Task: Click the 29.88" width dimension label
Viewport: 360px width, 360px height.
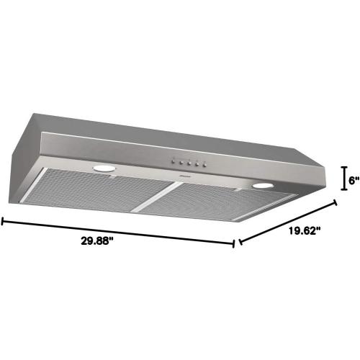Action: coord(97,240)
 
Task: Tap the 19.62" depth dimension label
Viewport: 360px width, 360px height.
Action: coord(305,231)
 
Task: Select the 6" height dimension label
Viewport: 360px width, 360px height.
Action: coord(354,180)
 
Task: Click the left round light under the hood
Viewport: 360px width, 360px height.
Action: coord(104,168)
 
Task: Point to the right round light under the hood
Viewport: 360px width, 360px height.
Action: coord(263,185)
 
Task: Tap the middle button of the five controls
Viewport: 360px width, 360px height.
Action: coord(189,163)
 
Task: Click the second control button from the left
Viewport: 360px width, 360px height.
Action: coord(181,163)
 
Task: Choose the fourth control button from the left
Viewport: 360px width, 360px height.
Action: coord(197,164)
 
